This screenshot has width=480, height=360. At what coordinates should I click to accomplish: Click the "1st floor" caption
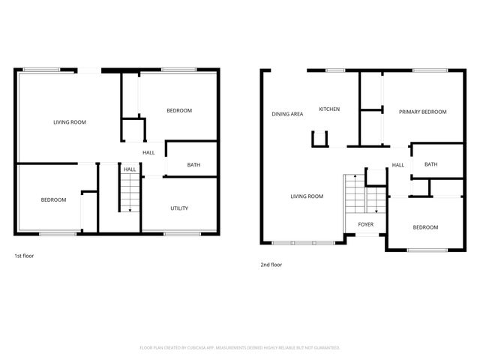click(24, 256)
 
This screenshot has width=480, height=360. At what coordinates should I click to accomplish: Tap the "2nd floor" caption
click(271, 264)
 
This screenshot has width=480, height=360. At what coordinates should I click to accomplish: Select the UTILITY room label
click(179, 208)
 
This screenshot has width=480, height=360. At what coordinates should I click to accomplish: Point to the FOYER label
click(365, 224)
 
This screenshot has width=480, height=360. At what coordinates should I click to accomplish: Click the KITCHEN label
click(329, 109)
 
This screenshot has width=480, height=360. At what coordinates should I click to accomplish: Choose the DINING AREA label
click(287, 114)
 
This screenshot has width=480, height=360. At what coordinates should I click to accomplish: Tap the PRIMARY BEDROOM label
click(422, 112)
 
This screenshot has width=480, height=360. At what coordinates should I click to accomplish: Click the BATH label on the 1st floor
click(193, 165)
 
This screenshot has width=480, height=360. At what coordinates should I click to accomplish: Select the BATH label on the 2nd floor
click(431, 164)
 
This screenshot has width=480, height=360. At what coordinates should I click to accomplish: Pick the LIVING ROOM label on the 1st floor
click(70, 122)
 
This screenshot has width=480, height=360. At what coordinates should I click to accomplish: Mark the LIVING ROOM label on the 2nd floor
click(307, 196)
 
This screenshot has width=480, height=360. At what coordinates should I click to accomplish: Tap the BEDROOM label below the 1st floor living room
click(53, 199)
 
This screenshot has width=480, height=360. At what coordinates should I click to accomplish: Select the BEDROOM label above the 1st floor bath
click(179, 110)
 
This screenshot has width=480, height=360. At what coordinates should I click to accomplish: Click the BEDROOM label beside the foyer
click(425, 227)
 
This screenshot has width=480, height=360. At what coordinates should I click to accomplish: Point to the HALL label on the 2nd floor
click(397, 165)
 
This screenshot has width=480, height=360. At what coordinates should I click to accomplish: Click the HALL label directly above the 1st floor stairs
click(130, 169)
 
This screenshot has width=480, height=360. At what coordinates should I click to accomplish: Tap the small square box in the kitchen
click(320, 138)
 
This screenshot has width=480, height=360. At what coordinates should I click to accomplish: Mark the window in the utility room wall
click(176, 234)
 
